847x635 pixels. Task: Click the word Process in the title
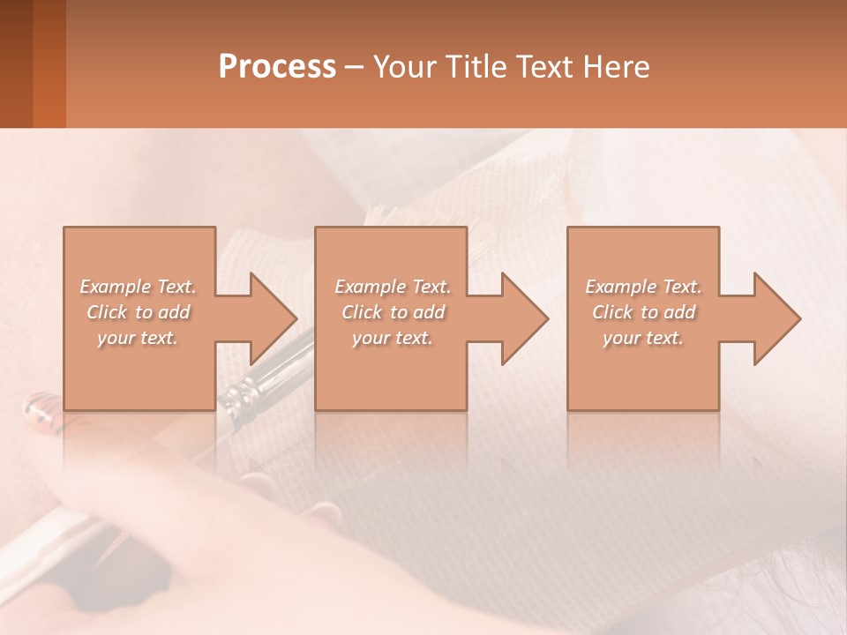pos(277,67)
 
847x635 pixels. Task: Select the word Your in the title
pos(402,67)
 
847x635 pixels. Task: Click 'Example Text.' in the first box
pos(138,287)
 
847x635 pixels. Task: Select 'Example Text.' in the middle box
pos(392,287)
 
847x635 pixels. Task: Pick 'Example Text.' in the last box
pos(643,287)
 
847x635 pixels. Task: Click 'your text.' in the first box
pos(138,338)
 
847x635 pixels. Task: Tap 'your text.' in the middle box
pos(392,338)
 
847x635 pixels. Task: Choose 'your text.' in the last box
pos(643,338)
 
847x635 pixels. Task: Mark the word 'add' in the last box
pos(680,312)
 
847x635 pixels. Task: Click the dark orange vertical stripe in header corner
pos(49,63)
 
